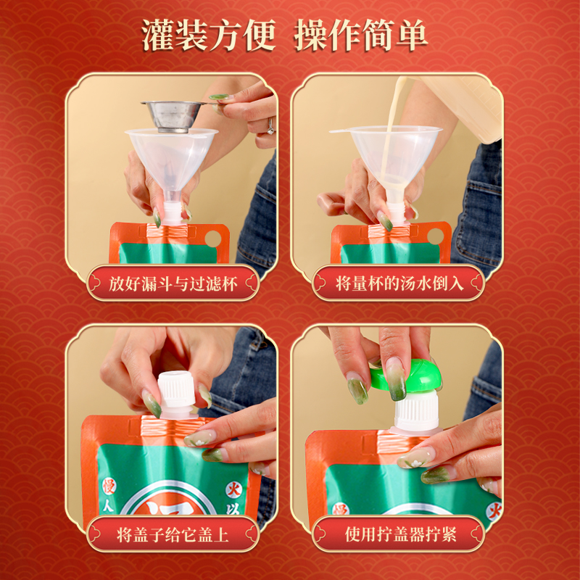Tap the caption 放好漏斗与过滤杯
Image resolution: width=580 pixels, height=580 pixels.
[173, 283]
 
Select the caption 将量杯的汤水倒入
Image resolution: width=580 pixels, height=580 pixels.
[398, 283]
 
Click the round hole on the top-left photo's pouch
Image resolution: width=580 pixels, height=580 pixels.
[213, 239]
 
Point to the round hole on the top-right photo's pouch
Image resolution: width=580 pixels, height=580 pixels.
[435, 236]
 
